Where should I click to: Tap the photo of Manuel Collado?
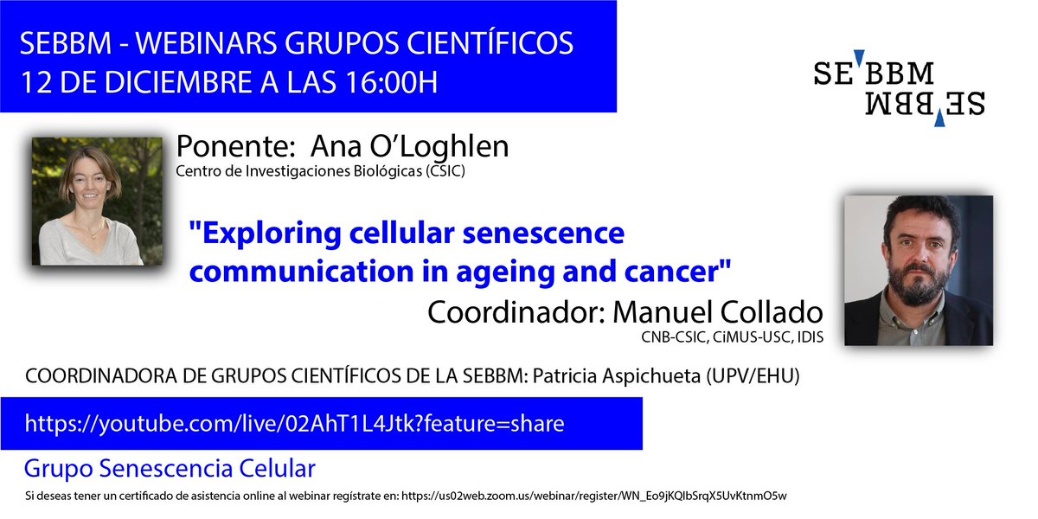click(x=918, y=270)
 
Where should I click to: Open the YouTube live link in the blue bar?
click(x=294, y=424)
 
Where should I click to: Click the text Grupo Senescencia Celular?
click(x=170, y=470)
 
